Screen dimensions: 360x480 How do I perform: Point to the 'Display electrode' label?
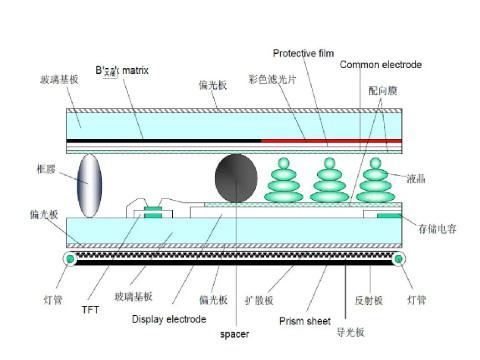[169, 319]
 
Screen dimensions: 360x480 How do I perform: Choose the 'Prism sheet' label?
[303, 321]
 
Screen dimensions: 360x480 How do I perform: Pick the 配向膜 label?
[383, 89]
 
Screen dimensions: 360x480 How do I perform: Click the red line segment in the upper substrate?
[330, 140]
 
